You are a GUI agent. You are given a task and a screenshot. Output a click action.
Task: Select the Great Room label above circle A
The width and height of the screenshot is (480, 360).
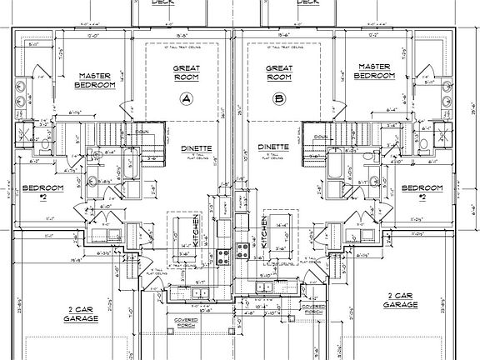185,73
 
